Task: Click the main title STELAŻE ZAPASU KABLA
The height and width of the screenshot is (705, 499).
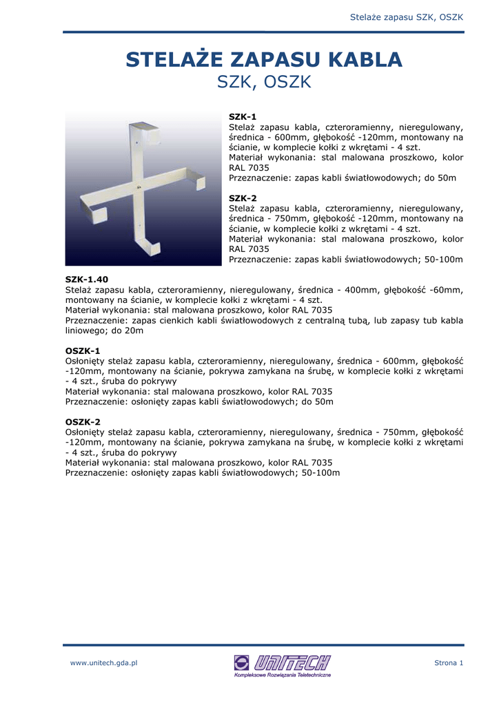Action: (x=264, y=60)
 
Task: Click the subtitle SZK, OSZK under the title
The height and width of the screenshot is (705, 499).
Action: (x=264, y=83)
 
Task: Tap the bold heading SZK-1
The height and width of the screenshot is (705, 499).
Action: (x=243, y=117)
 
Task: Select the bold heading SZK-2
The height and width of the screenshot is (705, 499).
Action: (x=243, y=198)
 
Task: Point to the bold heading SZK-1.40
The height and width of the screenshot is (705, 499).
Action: (x=87, y=280)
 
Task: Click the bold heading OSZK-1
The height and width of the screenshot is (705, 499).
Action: (x=83, y=350)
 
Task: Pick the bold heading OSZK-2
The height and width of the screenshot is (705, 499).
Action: (x=83, y=422)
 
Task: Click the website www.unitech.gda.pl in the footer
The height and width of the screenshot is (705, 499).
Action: (x=104, y=663)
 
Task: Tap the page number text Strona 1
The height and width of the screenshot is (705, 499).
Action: (x=449, y=663)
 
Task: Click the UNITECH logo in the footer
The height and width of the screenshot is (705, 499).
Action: (x=283, y=662)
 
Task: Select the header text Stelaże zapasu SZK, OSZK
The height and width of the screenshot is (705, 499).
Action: (x=407, y=16)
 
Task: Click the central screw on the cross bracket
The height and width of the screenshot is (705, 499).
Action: (x=141, y=187)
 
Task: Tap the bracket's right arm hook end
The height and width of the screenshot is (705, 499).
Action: (x=200, y=179)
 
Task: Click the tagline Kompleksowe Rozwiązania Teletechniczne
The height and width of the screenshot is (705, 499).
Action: (x=283, y=675)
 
